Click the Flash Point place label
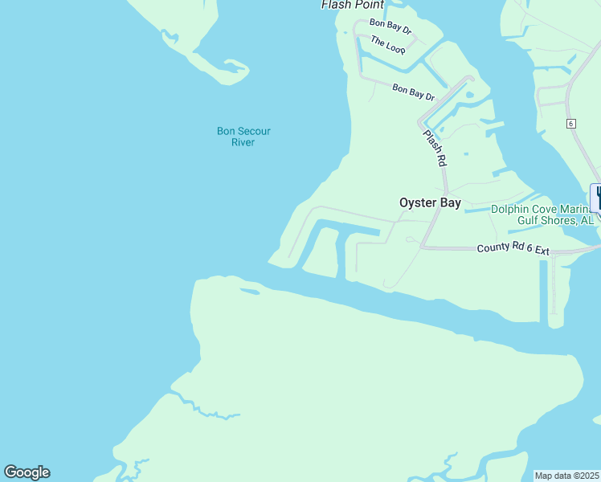coord(352,5)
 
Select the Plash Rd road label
coord(434,149)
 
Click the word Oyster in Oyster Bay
coord(416,203)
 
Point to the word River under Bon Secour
coord(243,143)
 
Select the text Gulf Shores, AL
coord(555,220)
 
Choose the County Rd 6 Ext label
coord(513,249)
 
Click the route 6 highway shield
coord(570,123)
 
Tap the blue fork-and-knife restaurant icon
coord(597,198)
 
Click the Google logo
coord(27,472)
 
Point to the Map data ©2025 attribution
coord(566,476)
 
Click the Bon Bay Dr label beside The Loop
coord(390,26)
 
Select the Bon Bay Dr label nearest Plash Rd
coord(413,92)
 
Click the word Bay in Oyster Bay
coord(450,203)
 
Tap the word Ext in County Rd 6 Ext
coord(540,251)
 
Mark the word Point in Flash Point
coord(367,5)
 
